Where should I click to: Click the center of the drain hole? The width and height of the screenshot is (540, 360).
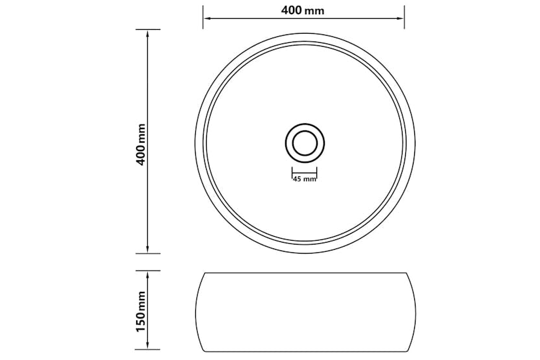[x=304, y=141]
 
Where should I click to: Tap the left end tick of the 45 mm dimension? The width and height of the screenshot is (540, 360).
[x=290, y=173]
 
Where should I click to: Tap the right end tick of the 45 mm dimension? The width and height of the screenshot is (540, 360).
[x=318, y=173]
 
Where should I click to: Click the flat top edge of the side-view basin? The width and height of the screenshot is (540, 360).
[x=304, y=272]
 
